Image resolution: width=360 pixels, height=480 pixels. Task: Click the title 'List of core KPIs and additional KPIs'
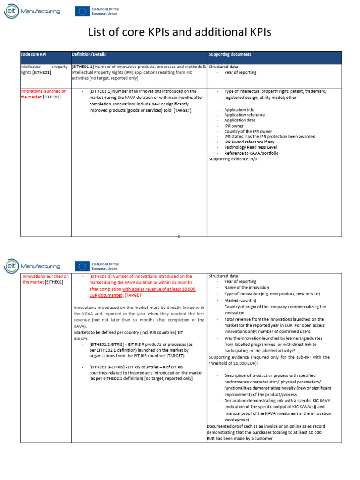coord(180,32)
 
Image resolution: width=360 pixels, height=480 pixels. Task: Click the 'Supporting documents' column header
coord(230,55)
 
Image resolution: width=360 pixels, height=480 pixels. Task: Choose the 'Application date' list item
coord(240,120)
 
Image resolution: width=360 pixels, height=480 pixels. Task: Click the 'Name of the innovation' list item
coord(247,288)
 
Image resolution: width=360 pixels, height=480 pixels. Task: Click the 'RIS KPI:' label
coord(81,337)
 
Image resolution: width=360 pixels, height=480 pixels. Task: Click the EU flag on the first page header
coord(82,11)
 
